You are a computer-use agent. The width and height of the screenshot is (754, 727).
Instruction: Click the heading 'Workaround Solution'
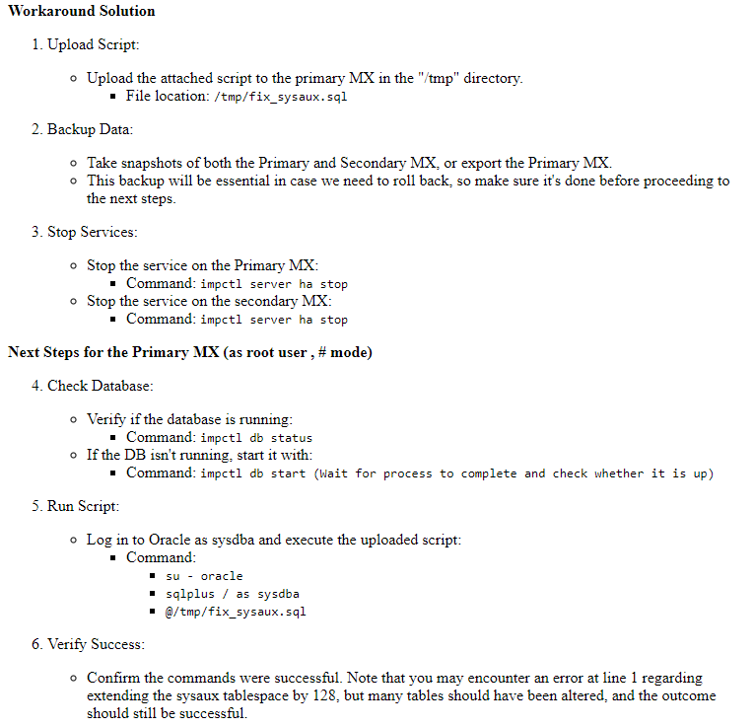[81, 11]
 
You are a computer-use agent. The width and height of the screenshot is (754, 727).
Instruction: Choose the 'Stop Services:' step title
[93, 232]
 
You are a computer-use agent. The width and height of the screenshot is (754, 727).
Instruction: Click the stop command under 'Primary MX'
[274, 284]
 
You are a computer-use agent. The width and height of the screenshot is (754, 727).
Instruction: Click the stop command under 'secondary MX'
[274, 320]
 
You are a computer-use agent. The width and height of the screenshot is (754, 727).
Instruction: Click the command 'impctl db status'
[256, 438]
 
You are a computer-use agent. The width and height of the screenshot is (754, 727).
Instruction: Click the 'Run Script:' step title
[83, 506]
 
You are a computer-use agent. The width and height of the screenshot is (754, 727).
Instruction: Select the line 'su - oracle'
[204, 576]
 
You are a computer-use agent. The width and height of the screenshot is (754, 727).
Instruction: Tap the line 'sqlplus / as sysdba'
[232, 594]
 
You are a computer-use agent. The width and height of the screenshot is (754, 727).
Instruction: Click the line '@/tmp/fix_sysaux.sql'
[236, 612]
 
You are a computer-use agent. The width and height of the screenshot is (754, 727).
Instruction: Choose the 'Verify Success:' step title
[96, 644]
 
